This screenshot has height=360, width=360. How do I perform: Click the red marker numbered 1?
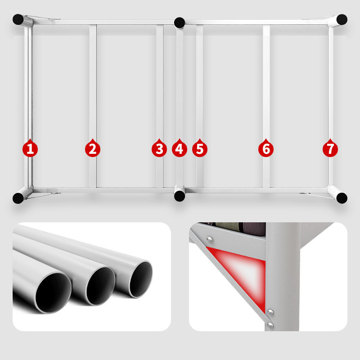[x=30, y=148]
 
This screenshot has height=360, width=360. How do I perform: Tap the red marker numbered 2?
[x=93, y=148]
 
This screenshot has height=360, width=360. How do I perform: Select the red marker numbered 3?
[x=159, y=148]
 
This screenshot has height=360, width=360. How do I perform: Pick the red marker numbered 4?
[x=179, y=148]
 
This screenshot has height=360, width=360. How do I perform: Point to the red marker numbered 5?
[x=200, y=148]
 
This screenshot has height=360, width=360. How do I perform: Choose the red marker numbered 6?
[x=266, y=148]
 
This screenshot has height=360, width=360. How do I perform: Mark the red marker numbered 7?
[x=330, y=148]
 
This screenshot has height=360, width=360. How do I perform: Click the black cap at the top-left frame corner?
[x=18, y=19]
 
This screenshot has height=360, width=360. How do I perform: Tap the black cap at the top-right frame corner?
[x=342, y=19]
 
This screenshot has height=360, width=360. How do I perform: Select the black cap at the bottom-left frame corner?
[x=18, y=198]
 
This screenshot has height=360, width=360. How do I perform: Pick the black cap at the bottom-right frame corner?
[x=342, y=198]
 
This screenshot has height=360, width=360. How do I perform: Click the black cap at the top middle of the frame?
[x=180, y=23]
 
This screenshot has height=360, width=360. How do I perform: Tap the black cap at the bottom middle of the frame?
[x=180, y=196]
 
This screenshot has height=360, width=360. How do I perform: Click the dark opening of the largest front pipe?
[x=53, y=293]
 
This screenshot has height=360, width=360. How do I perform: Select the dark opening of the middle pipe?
[x=100, y=286]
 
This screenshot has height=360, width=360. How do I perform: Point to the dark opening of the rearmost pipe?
[x=141, y=279]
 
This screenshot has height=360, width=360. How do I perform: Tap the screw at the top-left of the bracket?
[x=209, y=239]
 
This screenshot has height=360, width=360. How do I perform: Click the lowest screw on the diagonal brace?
[x=270, y=324]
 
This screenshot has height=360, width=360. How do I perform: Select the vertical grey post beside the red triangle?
[x=283, y=277]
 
